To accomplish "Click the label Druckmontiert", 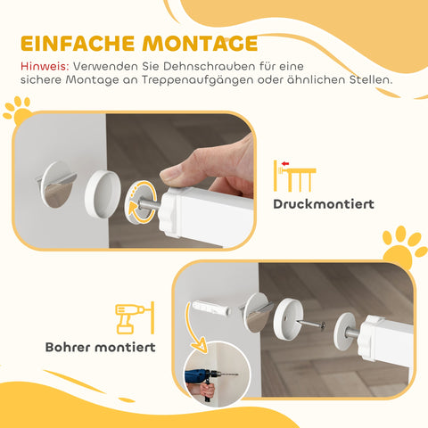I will (x=324, y=204).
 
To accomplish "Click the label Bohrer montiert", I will (x=100, y=346).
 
